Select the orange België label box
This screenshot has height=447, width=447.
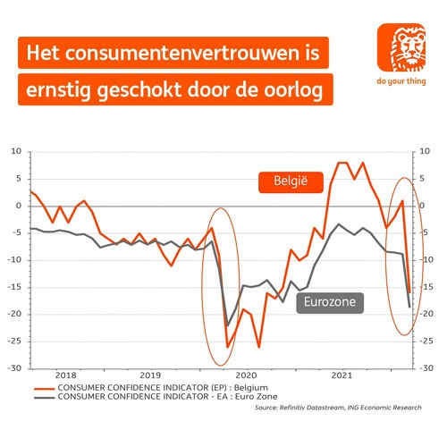point(284,182)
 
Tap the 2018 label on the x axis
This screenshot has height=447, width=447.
point(67,375)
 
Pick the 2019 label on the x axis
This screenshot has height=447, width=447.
point(151,375)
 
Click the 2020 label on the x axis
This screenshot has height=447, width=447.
point(246,375)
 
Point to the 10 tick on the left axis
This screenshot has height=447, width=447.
point(15,152)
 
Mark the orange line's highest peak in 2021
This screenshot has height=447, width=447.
point(342,163)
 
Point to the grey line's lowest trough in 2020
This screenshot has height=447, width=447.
point(228,325)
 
